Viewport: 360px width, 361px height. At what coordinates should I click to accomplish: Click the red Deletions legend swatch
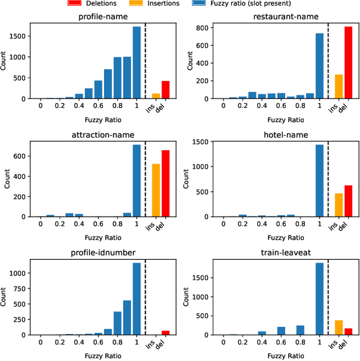tap(75, 3)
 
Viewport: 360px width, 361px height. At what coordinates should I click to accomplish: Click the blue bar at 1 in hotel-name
tap(319, 180)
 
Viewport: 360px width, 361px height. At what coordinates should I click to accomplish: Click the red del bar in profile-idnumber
tap(165, 332)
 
